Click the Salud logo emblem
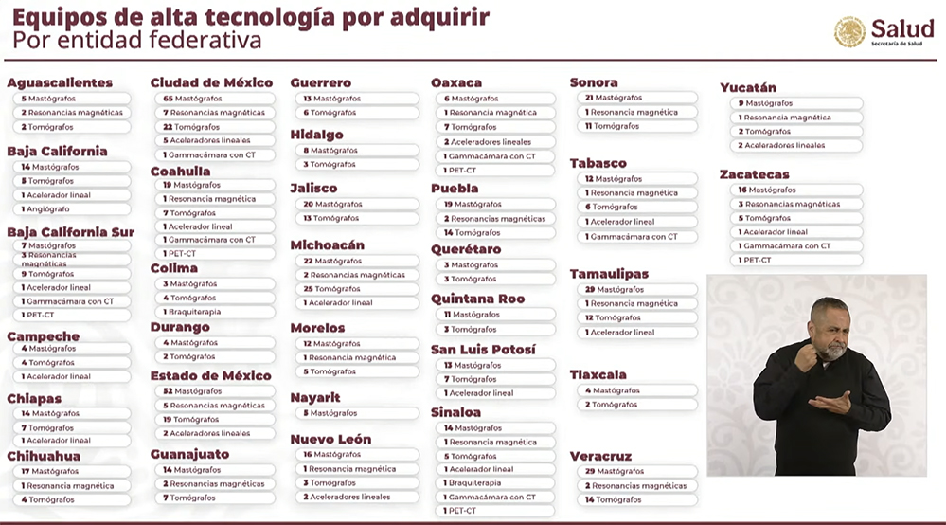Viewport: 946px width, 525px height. pos(849,32)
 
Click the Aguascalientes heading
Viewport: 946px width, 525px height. pos(60,82)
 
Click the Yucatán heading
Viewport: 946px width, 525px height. pos(748,87)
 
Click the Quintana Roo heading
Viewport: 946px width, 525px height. pos(478,299)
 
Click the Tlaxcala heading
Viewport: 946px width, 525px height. pos(598,374)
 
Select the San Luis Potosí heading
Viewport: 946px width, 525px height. pos(483,350)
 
